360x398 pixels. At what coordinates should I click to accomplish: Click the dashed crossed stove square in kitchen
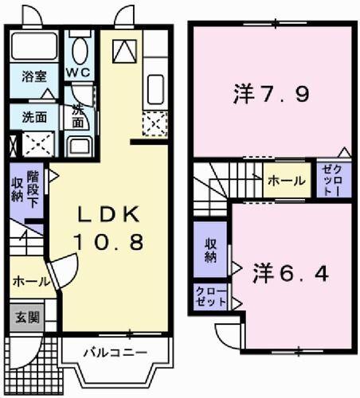(x=155, y=123)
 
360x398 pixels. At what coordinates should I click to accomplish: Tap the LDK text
(x=110, y=215)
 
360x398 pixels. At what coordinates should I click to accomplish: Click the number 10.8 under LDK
(x=110, y=241)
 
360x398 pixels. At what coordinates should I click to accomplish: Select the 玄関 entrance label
(x=24, y=316)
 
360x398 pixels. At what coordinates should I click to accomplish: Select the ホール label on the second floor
(x=284, y=181)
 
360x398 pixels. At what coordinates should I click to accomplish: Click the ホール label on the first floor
(x=30, y=281)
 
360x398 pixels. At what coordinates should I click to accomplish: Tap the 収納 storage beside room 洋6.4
(x=210, y=251)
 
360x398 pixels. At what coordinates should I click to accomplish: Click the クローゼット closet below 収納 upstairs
(x=211, y=297)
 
